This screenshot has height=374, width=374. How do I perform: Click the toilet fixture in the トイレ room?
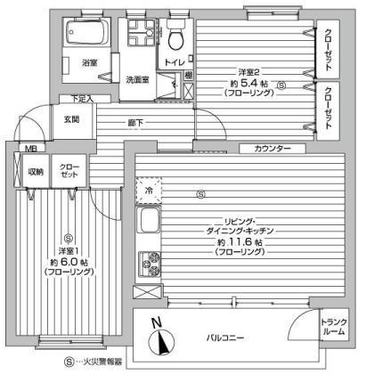tap(175, 37)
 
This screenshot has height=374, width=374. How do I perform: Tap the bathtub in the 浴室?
tap(87, 36)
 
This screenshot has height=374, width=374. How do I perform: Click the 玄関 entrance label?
tap(72, 118)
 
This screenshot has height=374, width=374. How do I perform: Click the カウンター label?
tap(272, 148)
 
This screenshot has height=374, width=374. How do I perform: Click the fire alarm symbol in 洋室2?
tap(281, 85)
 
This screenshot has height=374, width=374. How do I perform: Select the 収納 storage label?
tap(36, 172)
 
